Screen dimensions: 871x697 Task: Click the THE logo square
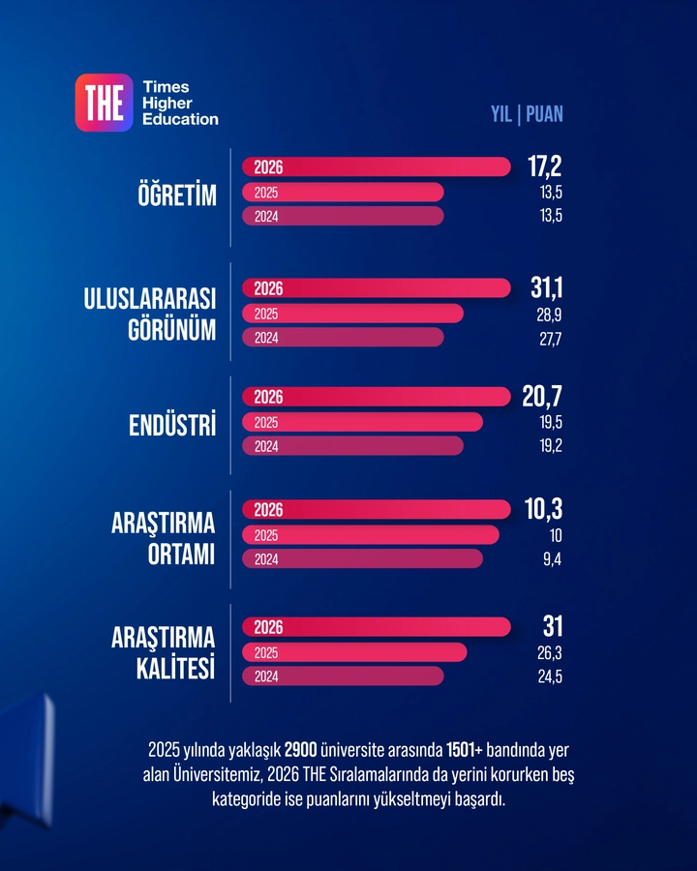(104, 103)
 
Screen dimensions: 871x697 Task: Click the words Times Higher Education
(180, 103)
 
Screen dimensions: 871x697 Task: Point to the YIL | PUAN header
(527, 114)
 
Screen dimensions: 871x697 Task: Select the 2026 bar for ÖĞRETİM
(376, 166)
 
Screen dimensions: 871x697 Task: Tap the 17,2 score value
(545, 166)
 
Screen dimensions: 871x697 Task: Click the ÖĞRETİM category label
(176, 194)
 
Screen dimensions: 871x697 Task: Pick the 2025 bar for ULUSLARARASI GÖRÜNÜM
(352, 314)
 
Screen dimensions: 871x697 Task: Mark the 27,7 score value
(551, 339)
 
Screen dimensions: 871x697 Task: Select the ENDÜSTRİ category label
(172, 424)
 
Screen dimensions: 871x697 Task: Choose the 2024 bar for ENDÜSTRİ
(352, 446)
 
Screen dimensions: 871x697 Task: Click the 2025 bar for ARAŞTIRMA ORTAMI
(371, 535)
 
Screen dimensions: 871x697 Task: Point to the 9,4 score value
(553, 559)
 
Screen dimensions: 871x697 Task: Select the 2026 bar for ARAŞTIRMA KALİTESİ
(376, 627)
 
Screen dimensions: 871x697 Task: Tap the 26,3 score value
(550, 653)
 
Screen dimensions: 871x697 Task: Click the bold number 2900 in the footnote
(301, 750)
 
